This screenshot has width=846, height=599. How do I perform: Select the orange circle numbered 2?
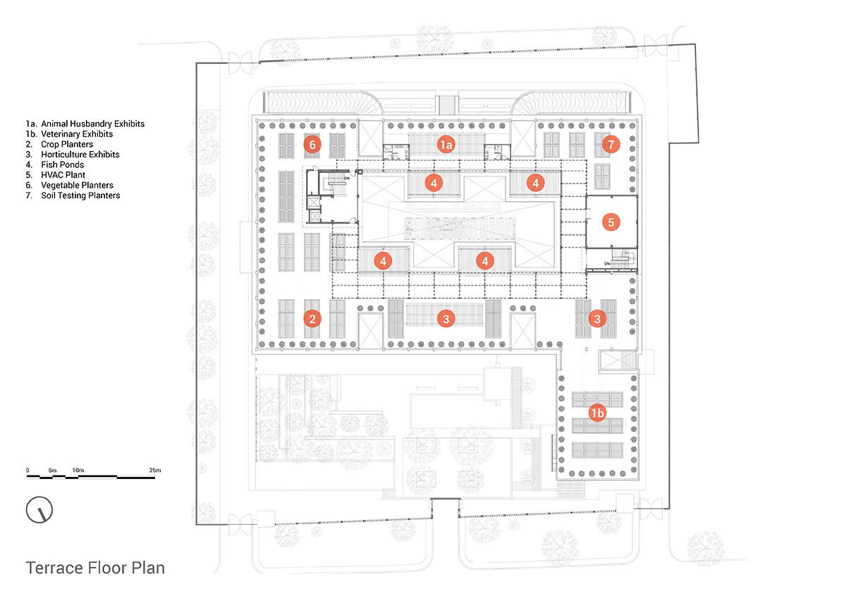point(313,319)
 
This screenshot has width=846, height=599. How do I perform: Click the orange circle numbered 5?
point(611,222)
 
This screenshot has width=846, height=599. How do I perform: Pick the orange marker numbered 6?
point(313,144)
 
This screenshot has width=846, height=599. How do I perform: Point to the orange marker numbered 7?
point(611,144)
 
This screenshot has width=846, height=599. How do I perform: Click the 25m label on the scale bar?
point(154,470)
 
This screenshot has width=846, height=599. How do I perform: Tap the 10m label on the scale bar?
point(78,470)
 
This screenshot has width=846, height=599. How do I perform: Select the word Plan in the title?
point(147,567)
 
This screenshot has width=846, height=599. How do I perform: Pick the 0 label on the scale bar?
point(27,470)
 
